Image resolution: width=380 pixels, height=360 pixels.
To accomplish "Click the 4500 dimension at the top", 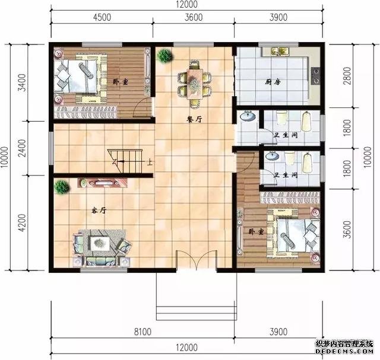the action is tap(102, 17).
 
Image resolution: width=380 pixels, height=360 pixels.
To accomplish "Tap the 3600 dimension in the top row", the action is tap(194, 17).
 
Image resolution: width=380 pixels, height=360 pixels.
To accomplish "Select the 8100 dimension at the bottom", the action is tap(142, 332).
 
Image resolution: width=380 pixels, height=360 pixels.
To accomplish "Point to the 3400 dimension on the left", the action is tap(23, 82).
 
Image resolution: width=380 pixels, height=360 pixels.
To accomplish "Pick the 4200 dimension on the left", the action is tap(23, 223).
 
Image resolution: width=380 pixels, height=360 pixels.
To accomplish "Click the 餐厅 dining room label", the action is tap(194, 119).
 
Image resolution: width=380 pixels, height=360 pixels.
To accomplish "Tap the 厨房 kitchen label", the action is tap(273, 82).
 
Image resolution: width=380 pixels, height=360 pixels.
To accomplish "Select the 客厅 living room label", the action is tap(99, 211).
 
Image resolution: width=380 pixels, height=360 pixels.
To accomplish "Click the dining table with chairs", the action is tap(195, 84).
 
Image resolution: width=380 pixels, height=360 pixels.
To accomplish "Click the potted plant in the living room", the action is tap(62, 187).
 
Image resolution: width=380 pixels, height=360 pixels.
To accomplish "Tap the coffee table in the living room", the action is tap(99, 243).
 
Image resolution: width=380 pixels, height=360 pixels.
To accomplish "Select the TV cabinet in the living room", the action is tap(103, 183).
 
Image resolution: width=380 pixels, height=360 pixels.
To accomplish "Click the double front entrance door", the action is tap(196, 260).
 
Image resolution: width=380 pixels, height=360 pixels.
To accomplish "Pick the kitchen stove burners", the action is tap(316, 76).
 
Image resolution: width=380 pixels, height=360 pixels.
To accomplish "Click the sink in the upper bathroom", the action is tap(248, 117).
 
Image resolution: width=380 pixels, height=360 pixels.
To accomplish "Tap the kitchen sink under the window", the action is tap(280, 52).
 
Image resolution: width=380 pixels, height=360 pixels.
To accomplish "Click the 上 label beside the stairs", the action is tap(150, 162).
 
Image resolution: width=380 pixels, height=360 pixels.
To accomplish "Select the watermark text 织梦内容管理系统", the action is tap(344, 344).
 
